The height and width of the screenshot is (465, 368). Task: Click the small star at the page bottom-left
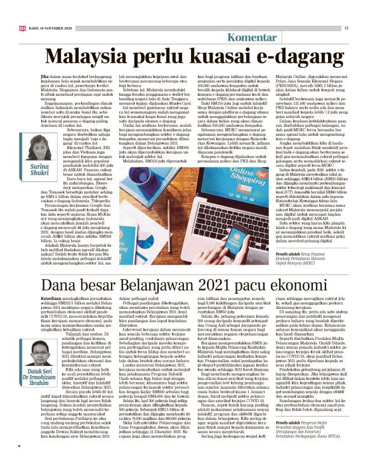(20, 453)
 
